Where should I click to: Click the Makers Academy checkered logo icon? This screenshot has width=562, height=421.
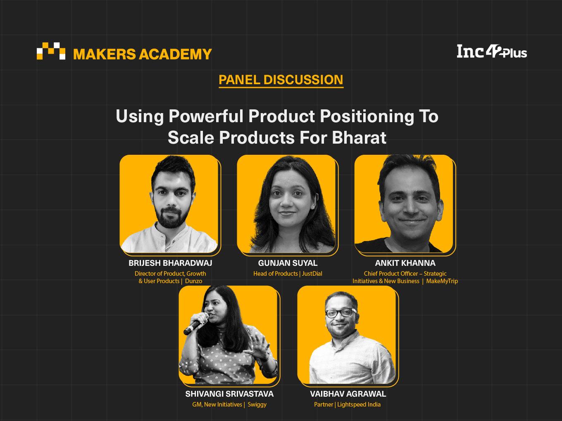(x=51, y=51)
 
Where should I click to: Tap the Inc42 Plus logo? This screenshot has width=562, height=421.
(x=492, y=52)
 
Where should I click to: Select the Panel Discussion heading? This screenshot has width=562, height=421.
(x=281, y=80)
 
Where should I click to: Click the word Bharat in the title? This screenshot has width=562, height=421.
(x=359, y=137)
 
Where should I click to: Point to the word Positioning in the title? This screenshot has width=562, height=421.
(x=367, y=117)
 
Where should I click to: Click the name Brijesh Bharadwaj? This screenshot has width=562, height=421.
(x=170, y=263)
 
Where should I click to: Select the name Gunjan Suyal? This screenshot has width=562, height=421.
(x=288, y=263)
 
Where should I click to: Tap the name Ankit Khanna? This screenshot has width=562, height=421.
(x=405, y=263)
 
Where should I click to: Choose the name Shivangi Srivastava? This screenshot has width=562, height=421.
(x=229, y=394)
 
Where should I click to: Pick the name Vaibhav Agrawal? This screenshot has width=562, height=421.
(x=348, y=394)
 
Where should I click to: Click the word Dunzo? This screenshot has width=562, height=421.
(x=193, y=281)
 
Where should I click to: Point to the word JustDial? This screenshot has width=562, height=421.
(x=312, y=274)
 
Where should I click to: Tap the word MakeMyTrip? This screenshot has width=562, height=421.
(x=442, y=281)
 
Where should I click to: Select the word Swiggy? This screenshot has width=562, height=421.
(x=257, y=404)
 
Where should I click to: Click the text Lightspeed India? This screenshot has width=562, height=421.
(x=359, y=404)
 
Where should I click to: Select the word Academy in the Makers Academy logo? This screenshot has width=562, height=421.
(x=175, y=54)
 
